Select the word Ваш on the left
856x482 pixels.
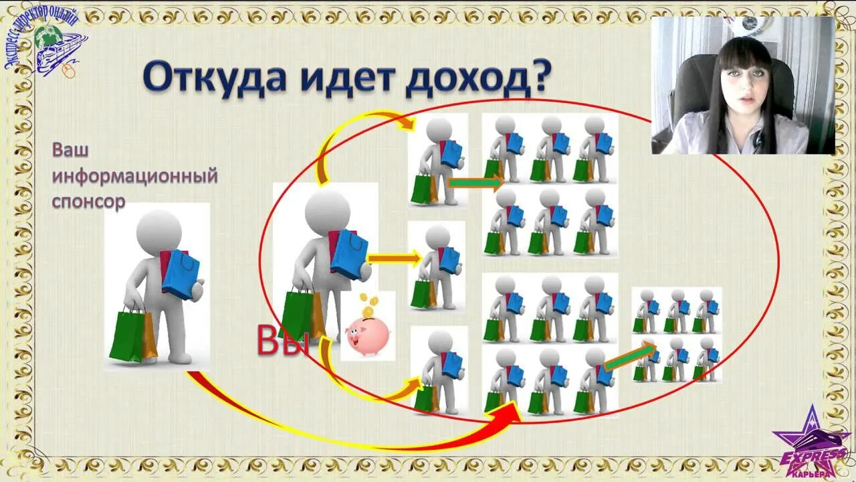pyautogui.click(x=70, y=151)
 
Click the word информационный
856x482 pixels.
pyautogui.click(x=135, y=177)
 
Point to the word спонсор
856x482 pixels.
pyautogui.click(x=89, y=202)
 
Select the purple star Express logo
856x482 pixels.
pyautogui.click(x=810, y=443)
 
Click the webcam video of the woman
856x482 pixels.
pyautogui.click(x=743, y=85)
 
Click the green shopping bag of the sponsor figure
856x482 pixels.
pyautogui.click(x=128, y=335)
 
